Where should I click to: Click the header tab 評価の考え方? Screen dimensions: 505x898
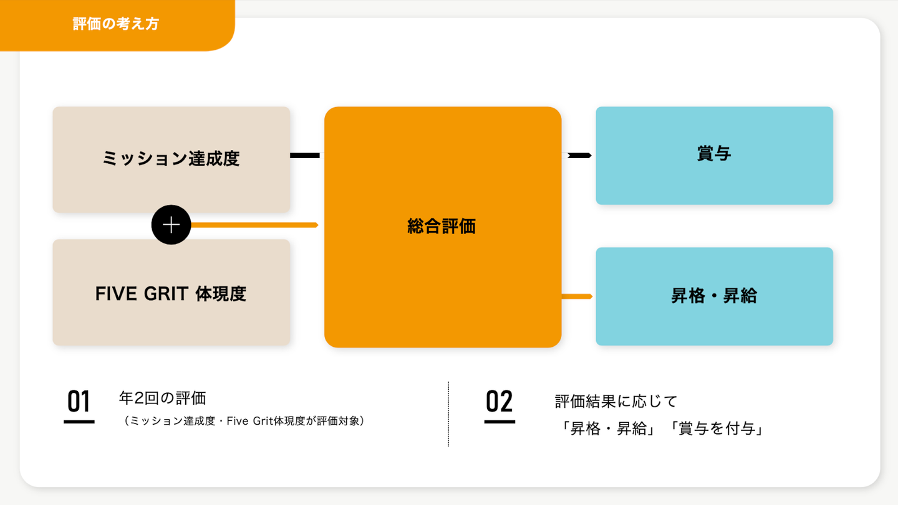(116, 24)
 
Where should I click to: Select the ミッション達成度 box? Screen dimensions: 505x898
(171, 159)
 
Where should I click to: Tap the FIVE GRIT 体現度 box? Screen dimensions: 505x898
(171, 293)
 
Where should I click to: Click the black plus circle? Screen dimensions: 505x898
(171, 225)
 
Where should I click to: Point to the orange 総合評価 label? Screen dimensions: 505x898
(442, 227)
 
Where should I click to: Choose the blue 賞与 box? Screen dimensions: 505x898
(714, 155)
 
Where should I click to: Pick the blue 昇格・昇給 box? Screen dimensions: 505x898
(714, 296)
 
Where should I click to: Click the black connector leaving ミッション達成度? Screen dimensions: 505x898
(305, 155)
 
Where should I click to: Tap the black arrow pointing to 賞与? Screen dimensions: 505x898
(579, 155)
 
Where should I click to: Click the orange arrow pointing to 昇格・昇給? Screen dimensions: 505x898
(577, 296)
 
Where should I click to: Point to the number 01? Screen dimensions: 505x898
(79, 402)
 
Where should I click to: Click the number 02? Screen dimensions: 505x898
(499, 402)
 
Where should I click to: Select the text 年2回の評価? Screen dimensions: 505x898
(162, 398)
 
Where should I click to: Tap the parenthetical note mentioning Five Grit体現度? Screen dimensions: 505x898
(244, 422)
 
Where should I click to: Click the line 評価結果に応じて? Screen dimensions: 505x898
(616, 400)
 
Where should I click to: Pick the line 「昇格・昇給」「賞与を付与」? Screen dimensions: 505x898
(659, 429)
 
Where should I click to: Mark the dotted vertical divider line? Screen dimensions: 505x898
(448, 414)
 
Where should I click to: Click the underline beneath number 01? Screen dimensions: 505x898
(79, 422)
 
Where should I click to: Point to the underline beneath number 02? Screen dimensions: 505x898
(500, 422)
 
